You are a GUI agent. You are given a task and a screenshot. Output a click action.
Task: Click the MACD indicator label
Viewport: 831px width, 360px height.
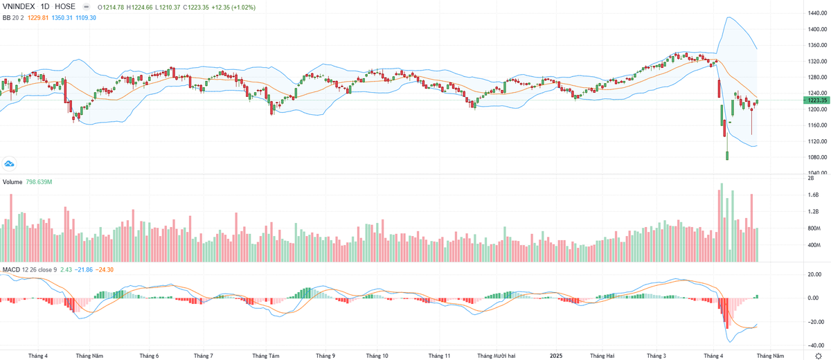(x=11, y=269)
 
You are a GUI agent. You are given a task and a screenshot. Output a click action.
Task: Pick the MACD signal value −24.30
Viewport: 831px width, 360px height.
(x=106, y=269)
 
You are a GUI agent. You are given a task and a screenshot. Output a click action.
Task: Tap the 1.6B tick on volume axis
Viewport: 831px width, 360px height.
(x=814, y=195)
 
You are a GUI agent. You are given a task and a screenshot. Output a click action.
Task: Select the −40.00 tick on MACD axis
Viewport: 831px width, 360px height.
(x=814, y=345)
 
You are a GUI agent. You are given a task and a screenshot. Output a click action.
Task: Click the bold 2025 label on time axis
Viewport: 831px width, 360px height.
(x=556, y=356)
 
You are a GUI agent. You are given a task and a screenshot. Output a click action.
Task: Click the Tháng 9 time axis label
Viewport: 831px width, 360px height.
(x=325, y=356)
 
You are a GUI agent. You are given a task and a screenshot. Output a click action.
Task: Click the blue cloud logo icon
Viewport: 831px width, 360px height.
(x=10, y=163)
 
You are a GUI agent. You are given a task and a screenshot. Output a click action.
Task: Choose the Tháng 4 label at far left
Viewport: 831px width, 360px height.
(x=38, y=356)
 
